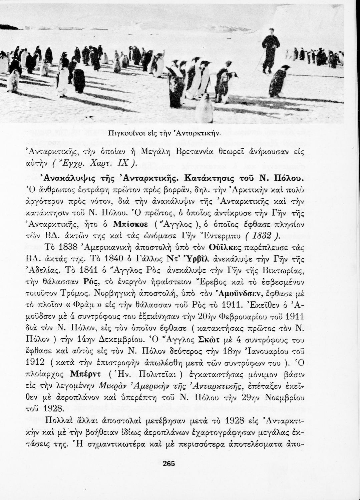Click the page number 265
tap(168, 463)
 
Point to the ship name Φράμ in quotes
tap(83, 305)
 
